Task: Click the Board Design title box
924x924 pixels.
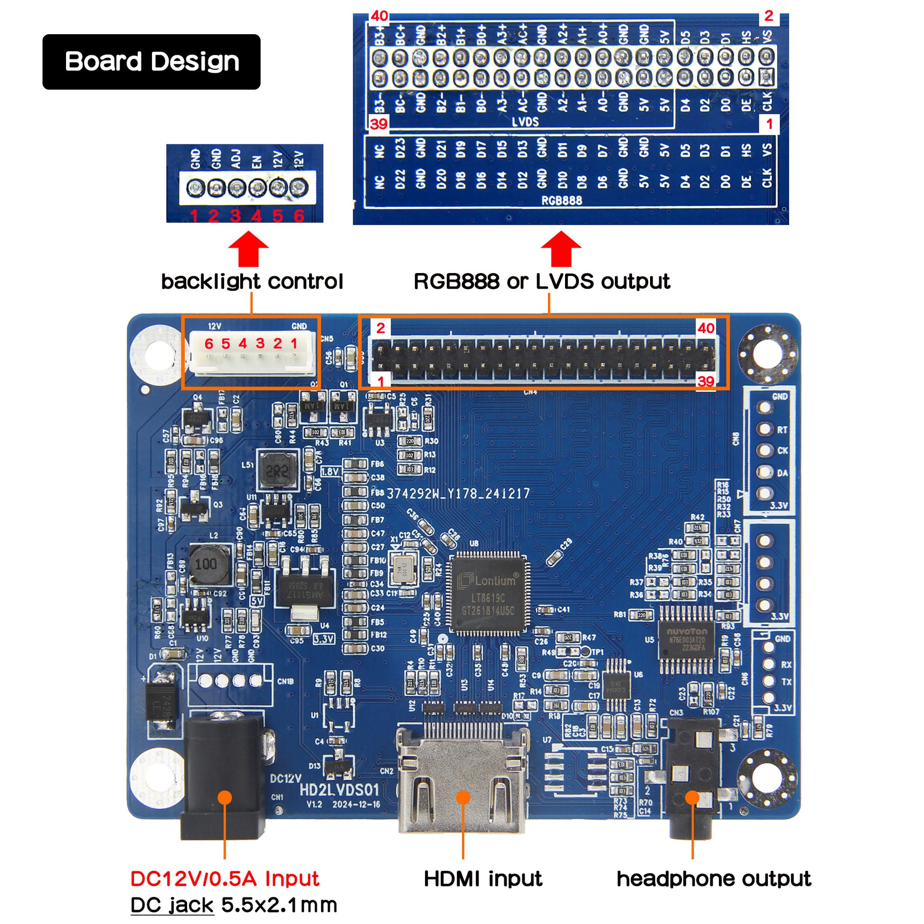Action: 151,62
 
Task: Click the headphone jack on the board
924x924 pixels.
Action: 691,784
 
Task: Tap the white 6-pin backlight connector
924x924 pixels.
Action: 252,352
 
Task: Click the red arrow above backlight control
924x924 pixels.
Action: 248,249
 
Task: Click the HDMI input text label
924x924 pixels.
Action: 483,878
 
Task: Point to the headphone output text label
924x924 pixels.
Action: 714,878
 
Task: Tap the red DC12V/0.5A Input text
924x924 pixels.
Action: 225,878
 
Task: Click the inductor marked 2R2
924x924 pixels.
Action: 277,471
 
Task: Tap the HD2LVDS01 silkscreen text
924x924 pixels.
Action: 339,790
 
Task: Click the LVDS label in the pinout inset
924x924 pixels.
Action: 525,122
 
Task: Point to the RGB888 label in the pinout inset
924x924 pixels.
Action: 562,200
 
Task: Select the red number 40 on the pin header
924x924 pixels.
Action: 706,328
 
